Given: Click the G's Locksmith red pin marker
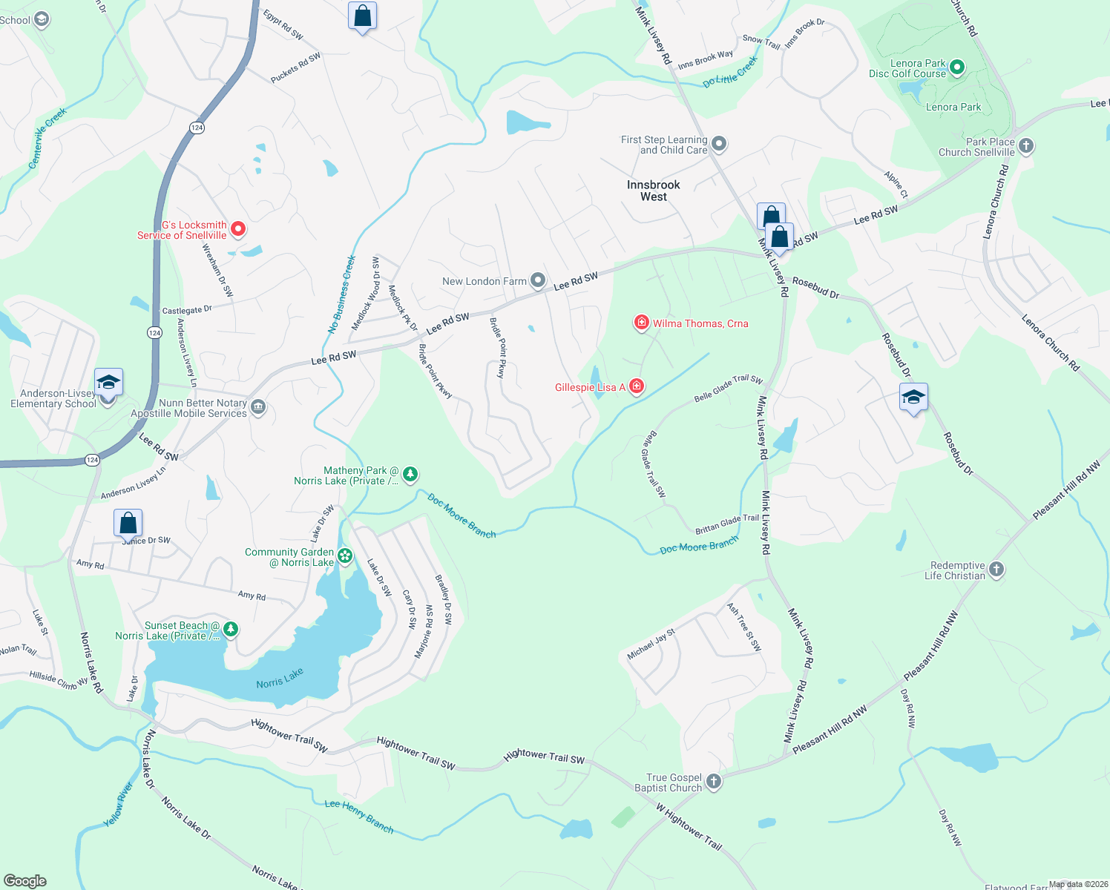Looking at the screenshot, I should [238, 228].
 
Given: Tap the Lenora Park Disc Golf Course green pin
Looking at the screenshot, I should [957, 67].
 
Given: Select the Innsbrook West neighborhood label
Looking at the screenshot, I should [653, 191].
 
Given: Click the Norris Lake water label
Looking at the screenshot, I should [280, 679].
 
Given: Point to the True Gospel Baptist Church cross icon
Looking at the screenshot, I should [713, 781].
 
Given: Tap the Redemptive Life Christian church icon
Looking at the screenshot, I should [996, 570].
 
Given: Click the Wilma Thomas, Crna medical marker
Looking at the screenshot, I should [641, 323].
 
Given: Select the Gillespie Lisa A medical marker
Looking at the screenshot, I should [636, 386].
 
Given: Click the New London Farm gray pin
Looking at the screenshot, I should [538, 280].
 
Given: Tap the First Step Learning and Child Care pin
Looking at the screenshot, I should [718, 143].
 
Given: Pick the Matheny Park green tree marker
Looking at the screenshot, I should [410, 474].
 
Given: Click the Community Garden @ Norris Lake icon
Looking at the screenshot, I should [344, 556].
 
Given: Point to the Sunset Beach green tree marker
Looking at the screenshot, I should [231, 629].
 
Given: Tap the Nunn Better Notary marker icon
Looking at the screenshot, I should [258, 407].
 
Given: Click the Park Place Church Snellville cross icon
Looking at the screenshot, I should [1025, 145].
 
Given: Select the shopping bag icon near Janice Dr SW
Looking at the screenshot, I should [128, 523].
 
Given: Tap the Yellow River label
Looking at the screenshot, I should [118, 805].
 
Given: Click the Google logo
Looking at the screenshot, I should [25, 880].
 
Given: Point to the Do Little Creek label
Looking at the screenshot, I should [730, 72].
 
